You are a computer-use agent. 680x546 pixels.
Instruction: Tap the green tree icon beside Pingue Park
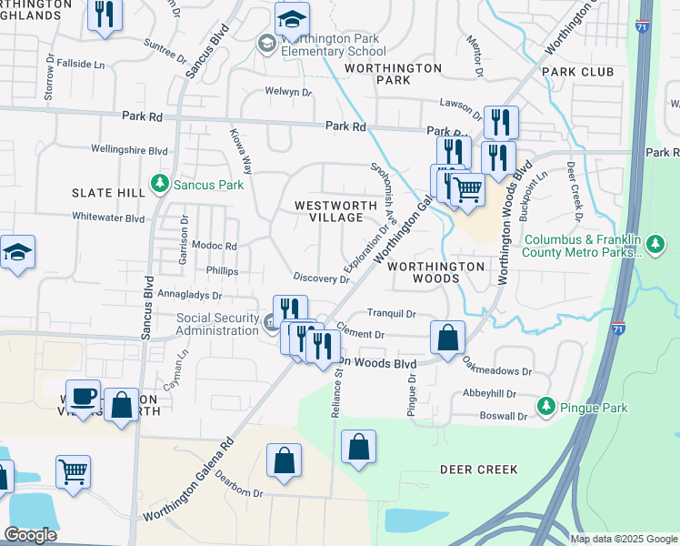tap(545, 407)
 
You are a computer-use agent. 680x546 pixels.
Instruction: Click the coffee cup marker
tap(84, 396)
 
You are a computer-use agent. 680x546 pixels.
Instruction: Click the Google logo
tap(29, 535)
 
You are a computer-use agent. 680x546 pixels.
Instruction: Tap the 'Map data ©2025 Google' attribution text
tap(623, 538)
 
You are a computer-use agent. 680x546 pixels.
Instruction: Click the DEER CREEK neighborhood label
tap(478, 470)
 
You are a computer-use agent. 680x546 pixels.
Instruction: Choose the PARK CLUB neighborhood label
tap(577, 71)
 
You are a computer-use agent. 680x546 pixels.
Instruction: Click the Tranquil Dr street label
tap(391, 313)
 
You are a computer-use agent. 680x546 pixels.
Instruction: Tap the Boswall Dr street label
tap(503, 416)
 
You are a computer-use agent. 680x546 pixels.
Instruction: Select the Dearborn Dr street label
tap(233, 492)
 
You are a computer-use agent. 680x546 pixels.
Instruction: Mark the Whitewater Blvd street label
tap(109, 218)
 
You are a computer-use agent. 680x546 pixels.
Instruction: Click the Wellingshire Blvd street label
tap(130, 149)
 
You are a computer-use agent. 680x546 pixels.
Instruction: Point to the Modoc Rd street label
tap(214, 246)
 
